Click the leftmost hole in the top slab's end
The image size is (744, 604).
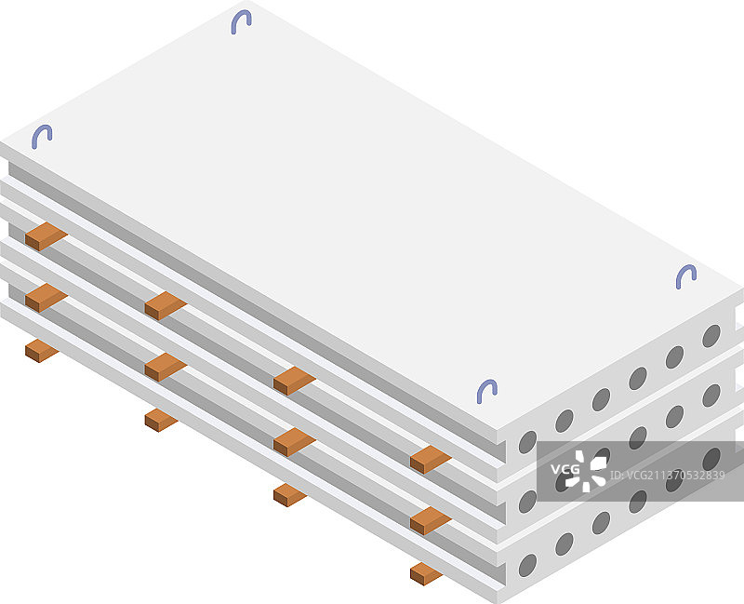527,442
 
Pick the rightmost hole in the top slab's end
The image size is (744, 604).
711,336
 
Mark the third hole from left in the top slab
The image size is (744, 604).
601,399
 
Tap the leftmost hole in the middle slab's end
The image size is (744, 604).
527,502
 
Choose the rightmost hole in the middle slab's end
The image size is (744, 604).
711,396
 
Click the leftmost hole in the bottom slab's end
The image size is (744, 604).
527,565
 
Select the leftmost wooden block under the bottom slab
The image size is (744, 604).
42,351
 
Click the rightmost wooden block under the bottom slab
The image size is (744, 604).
426,573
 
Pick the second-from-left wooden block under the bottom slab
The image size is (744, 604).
161,421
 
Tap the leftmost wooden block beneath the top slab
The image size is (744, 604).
46,236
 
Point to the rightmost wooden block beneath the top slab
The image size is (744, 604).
431,459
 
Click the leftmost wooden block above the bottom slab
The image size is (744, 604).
46,298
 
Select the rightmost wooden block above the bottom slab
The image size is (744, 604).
431,520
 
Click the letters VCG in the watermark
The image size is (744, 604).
565,470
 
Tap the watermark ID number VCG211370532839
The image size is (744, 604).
667,476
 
